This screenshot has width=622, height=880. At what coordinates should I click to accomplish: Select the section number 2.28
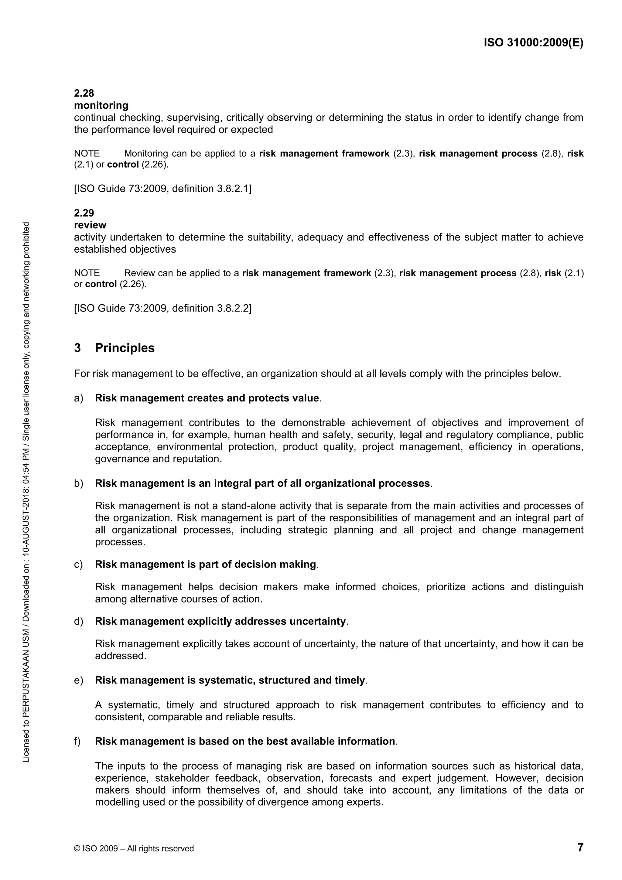coord(84,93)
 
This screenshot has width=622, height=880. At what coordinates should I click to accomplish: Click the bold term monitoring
coord(101,105)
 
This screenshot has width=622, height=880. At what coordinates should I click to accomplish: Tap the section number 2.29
coord(84,213)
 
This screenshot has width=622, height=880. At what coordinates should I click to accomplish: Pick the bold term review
coord(90,225)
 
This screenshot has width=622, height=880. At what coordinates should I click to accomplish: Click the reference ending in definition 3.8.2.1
coord(163,189)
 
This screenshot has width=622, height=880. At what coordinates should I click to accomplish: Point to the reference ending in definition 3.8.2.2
coord(163,308)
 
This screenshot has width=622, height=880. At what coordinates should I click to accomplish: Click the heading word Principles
coord(125,348)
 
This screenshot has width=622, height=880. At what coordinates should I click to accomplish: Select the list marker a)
coord(79,398)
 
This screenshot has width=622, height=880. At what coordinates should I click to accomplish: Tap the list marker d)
coord(79,621)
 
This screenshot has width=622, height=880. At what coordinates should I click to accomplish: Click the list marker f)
coord(77,741)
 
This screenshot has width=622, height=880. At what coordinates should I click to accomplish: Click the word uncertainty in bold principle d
coord(318,621)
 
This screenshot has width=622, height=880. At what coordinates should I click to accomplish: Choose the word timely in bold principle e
coord(350,680)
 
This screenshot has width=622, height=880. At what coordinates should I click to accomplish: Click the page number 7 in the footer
coord(580,847)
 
